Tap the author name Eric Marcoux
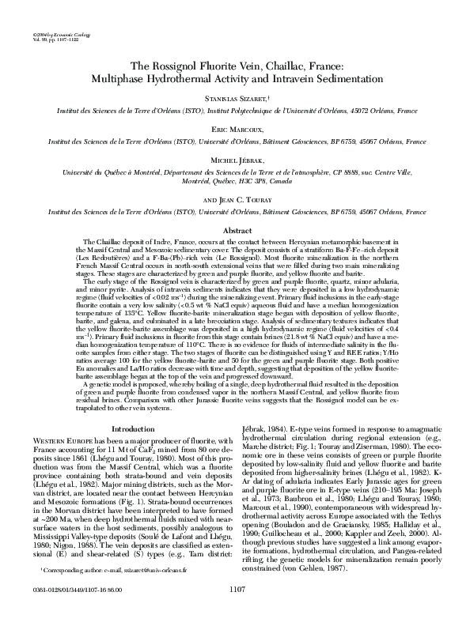point(235,129)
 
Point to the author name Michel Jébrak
point(235,160)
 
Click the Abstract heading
point(235,231)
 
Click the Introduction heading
point(134,429)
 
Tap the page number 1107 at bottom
point(235,610)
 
